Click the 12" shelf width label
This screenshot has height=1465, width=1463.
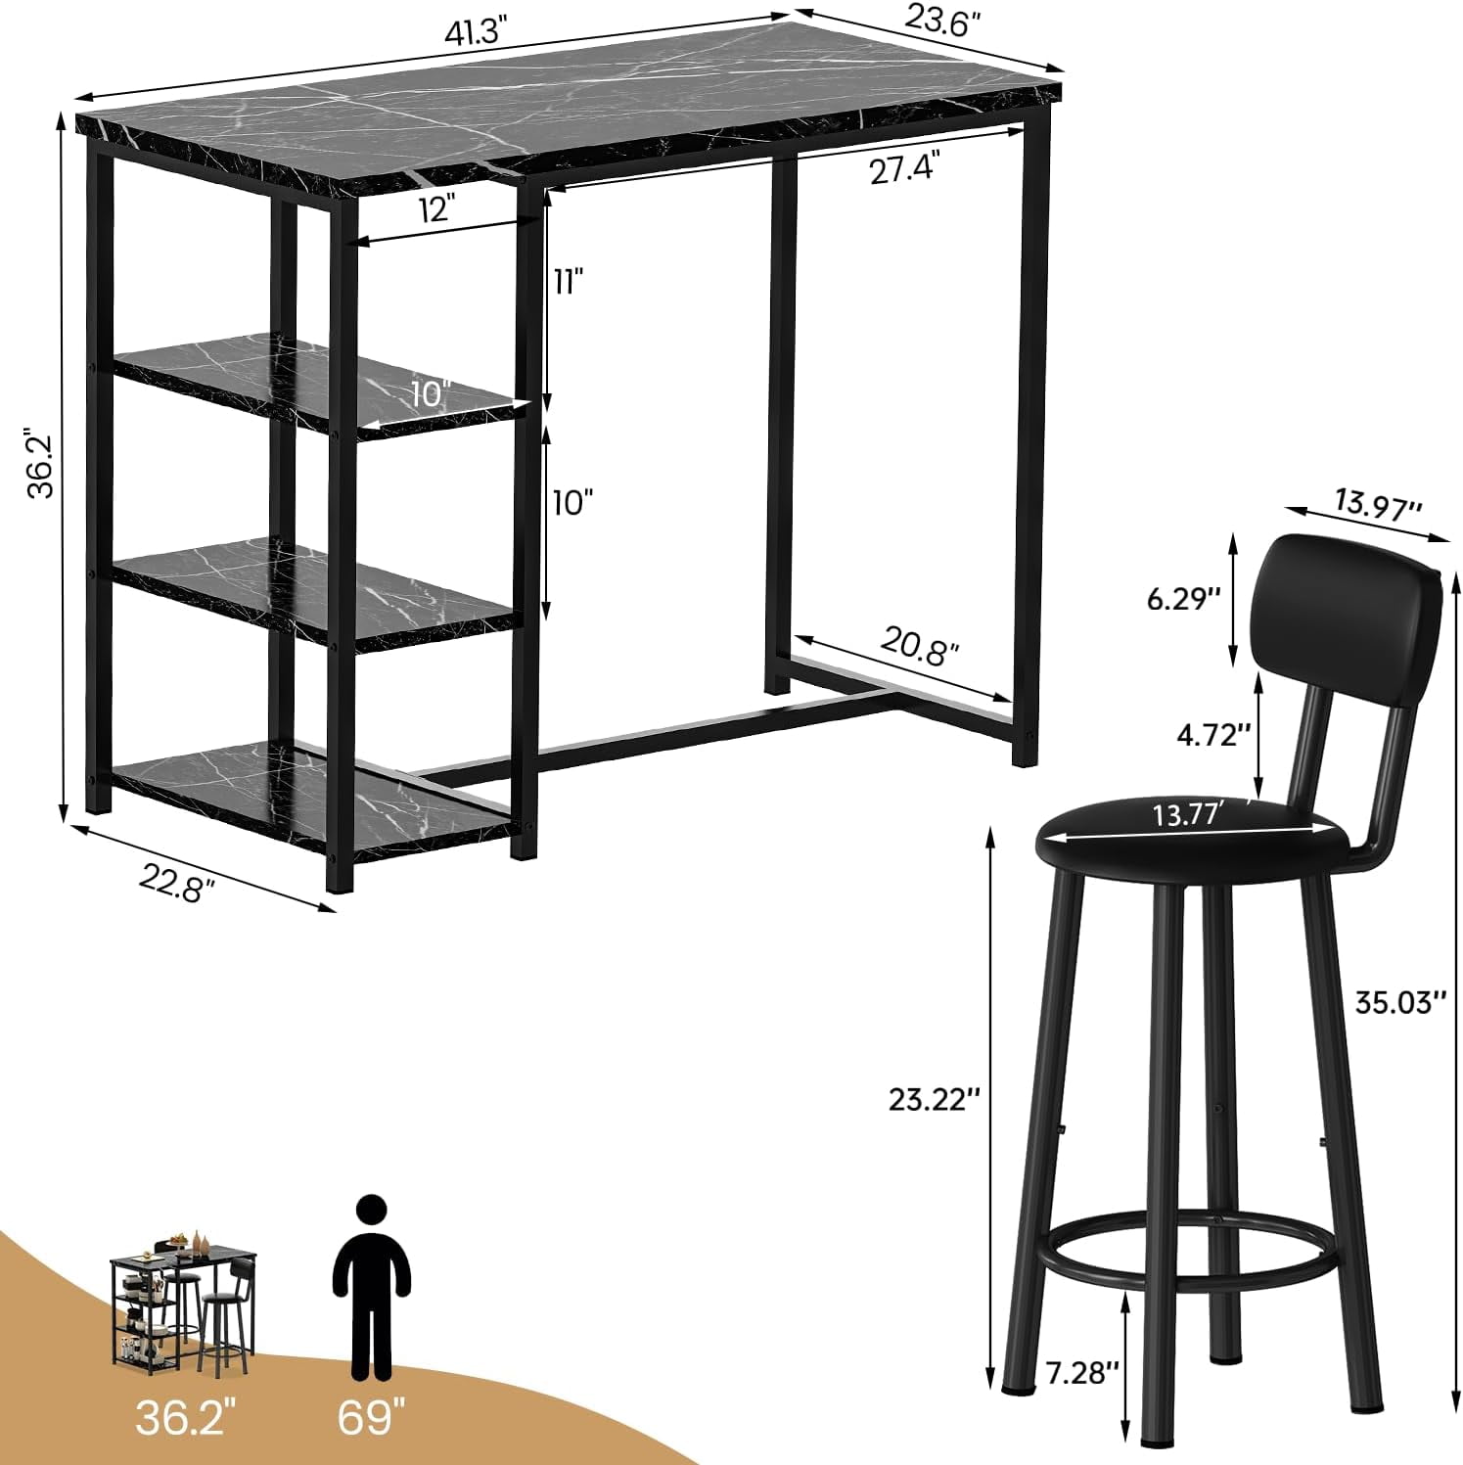tap(435, 208)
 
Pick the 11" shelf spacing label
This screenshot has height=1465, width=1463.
tap(569, 282)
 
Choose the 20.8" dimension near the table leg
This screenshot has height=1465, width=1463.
tap(920, 647)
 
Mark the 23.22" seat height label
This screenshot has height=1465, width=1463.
tap(934, 1099)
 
